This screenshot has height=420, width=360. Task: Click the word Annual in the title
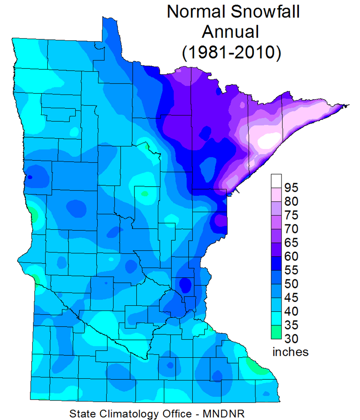pyautogui.click(x=233, y=32)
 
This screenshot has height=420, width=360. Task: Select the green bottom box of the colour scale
pyautogui.click(x=276, y=332)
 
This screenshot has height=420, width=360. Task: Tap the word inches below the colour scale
pyautogui.click(x=290, y=352)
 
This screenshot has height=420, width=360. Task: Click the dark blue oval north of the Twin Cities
pyautogui.click(x=185, y=285)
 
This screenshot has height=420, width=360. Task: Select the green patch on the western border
pyautogui.click(x=33, y=213)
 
